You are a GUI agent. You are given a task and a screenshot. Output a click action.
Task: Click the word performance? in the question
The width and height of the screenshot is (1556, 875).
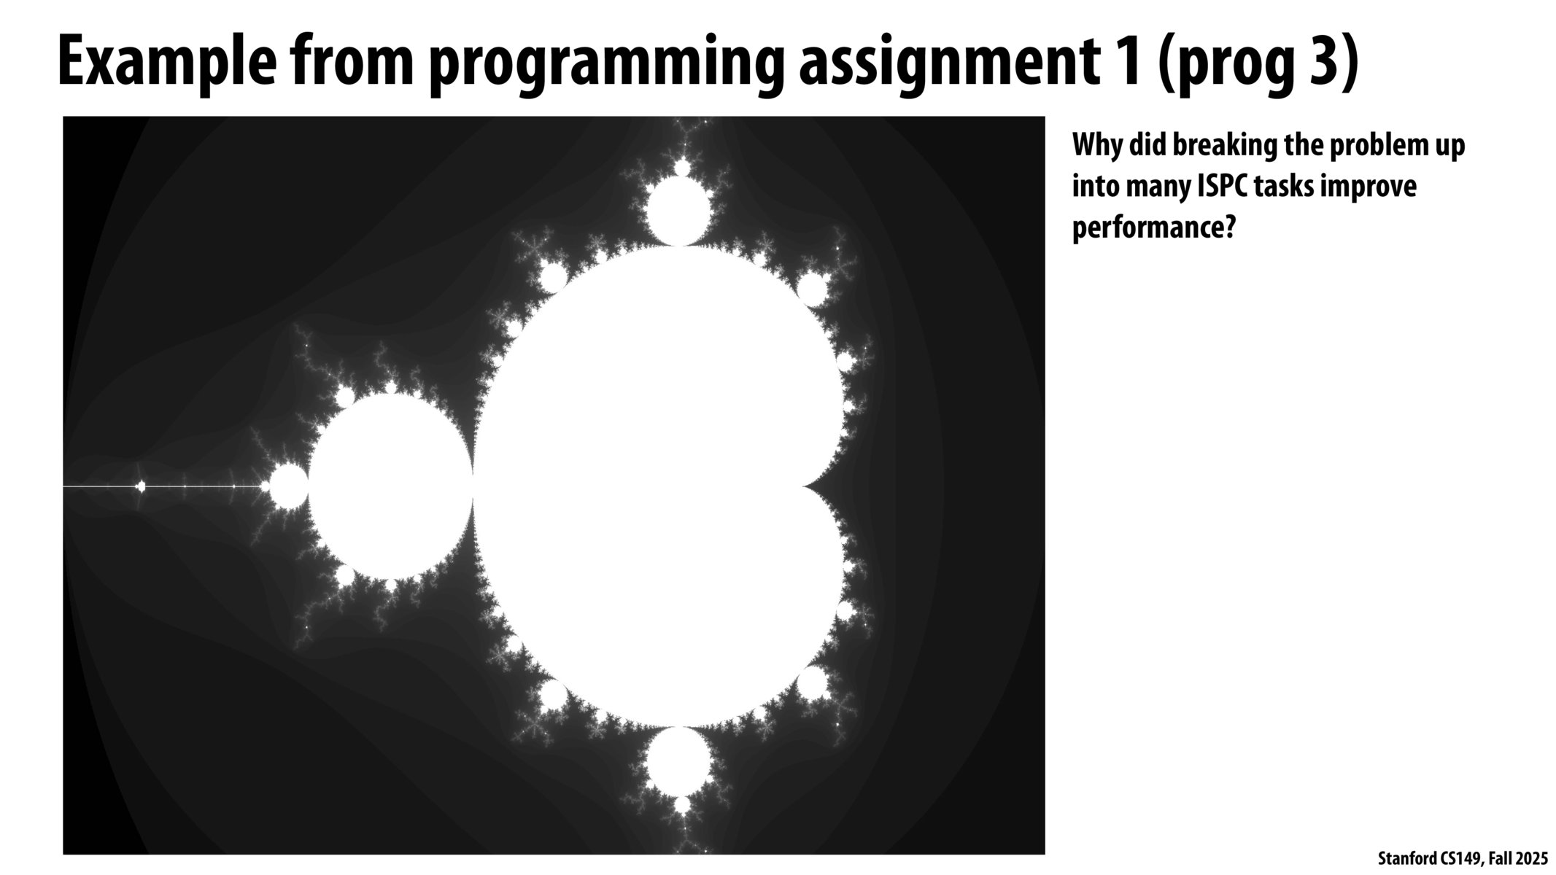(1153, 228)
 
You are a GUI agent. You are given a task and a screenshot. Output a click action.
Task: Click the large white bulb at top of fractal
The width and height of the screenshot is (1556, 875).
(678, 211)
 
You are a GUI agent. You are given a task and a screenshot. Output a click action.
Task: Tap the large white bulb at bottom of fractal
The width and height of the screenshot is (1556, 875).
(678, 761)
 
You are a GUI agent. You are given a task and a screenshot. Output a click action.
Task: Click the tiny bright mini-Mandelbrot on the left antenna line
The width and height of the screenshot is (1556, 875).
(141, 486)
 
